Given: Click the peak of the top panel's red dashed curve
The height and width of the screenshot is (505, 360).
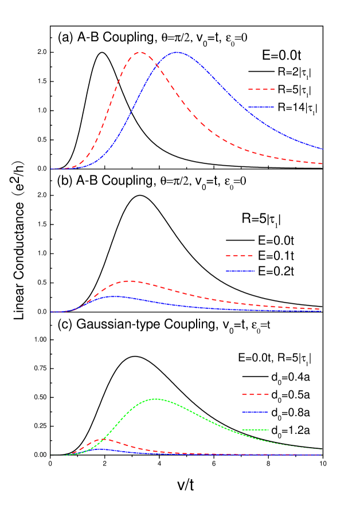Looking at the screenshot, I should [140, 52].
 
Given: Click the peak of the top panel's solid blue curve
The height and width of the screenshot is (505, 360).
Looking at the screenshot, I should [177, 52].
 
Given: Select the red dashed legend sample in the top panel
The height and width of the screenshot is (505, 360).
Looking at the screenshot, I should [261, 89].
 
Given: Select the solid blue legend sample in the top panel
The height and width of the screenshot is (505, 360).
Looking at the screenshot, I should [261, 107].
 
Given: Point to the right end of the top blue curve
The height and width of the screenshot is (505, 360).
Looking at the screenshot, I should [322, 149].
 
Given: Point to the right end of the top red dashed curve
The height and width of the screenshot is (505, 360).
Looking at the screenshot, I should [322, 164].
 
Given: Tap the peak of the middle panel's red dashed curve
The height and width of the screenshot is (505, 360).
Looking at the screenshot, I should [130, 281].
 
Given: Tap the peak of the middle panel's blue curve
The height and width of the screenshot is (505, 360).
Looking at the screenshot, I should [114, 296].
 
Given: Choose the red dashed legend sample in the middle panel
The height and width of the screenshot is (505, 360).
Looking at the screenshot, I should [240, 256].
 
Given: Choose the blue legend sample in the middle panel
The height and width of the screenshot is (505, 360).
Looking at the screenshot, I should [240, 271].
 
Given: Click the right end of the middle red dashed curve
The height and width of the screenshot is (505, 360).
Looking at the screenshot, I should [320, 309].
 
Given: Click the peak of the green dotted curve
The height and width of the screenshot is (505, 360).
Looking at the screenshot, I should [156, 399].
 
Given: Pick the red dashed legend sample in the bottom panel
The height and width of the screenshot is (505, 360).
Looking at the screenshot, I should [255, 394].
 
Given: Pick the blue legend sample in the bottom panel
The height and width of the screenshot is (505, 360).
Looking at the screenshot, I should [255, 412].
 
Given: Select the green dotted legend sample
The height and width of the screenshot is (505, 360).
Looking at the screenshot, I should [255, 429].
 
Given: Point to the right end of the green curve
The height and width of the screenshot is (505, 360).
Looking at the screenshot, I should [320, 449].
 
